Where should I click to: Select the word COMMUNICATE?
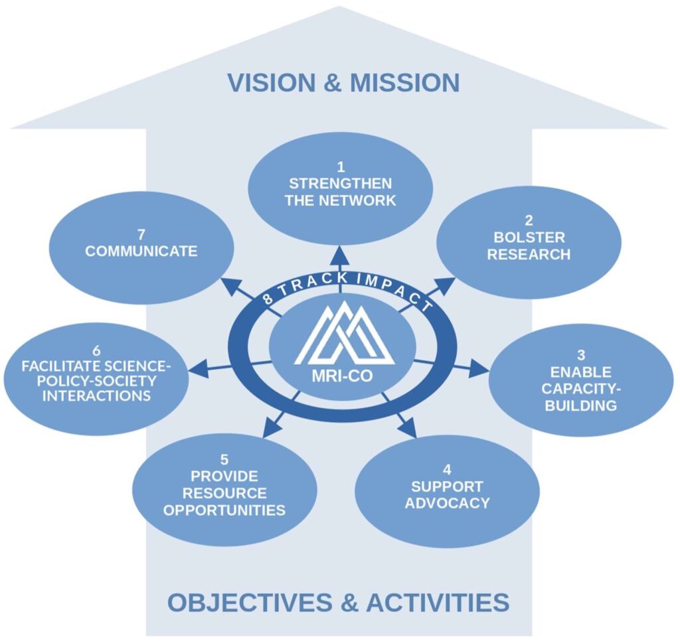(x=141, y=251)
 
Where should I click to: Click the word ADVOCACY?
(x=447, y=502)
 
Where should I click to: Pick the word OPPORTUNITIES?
(x=224, y=510)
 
